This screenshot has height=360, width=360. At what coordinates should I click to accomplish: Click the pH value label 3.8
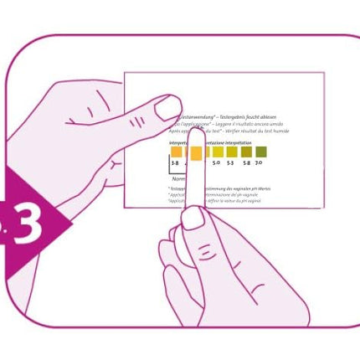click(x=175, y=163)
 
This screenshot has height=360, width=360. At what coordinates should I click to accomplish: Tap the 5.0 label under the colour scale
click(x=217, y=163)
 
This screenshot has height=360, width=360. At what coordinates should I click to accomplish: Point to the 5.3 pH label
click(x=231, y=163)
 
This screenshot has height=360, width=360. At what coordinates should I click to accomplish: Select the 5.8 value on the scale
click(x=245, y=163)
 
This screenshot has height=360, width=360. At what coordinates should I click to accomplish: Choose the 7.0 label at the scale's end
click(x=260, y=163)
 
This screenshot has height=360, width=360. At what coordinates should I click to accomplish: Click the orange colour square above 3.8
click(x=176, y=152)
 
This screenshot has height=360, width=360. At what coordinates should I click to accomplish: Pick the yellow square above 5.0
click(x=218, y=152)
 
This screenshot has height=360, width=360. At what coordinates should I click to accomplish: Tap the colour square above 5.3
click(x=232, y=152)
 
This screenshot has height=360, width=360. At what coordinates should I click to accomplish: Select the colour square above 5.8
click(x=246, y=152)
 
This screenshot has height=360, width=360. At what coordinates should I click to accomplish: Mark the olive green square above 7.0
click(x=260, y=152)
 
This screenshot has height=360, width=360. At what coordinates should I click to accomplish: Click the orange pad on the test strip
click(x=196, y=153)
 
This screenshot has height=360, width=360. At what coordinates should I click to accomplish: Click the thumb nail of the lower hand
click(x=193, y=217)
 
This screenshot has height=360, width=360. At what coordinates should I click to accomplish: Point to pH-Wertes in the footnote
click(x=259, y=189)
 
